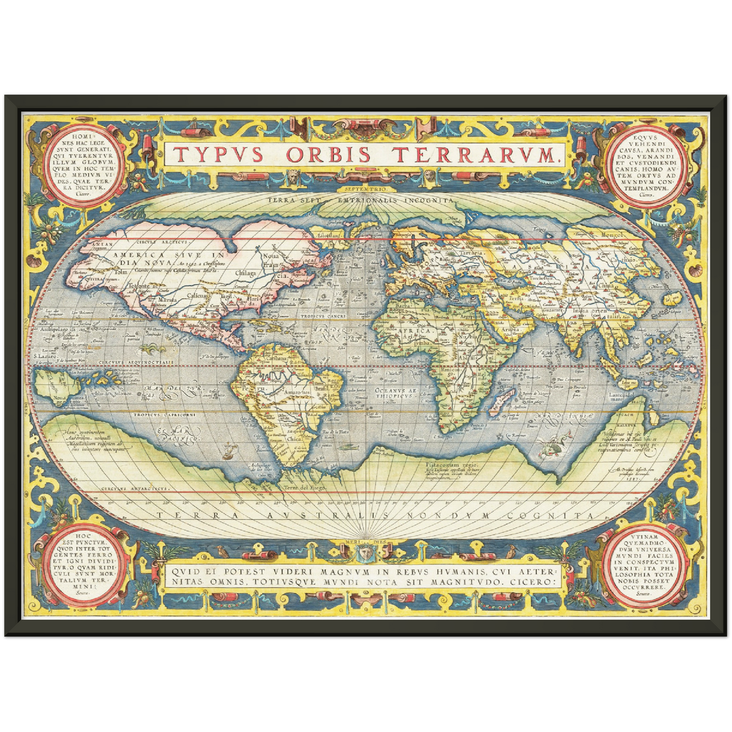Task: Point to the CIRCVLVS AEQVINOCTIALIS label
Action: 144,363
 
